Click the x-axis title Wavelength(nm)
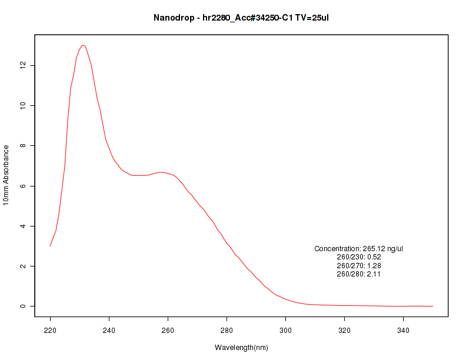[241, 348]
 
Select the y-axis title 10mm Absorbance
[6, 175]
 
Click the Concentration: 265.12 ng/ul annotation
[359, 249]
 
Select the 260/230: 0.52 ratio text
[359, 257]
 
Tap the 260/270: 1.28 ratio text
[359, 265]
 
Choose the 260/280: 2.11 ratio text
[359, 274]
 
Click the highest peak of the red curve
[83, 45]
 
